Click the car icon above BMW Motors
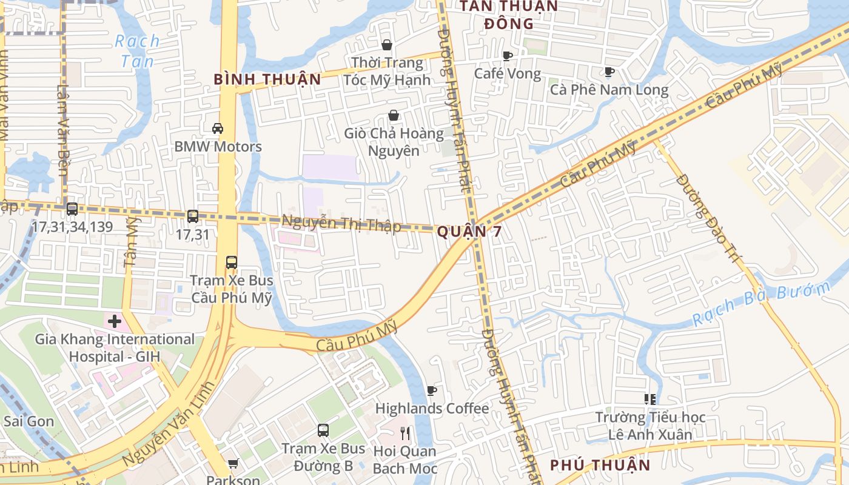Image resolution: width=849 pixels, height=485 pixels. pos(217,129)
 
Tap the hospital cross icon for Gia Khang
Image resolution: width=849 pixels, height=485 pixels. pos(115,321)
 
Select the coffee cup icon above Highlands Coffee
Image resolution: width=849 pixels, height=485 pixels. pos(432,390)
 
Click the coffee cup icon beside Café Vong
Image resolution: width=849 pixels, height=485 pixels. pos(508,56)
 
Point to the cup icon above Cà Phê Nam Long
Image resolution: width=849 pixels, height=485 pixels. pos(609,72)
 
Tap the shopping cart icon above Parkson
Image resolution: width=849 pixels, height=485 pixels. pos(233,464)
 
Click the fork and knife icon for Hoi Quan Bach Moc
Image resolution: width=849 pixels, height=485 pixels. pos(405,433)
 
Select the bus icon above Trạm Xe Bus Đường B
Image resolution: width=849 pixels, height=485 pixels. pos(323,430)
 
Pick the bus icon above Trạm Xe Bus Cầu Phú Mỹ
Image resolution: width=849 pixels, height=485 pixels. pos(231,263)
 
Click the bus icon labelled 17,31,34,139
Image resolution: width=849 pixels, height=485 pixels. pos(72,209)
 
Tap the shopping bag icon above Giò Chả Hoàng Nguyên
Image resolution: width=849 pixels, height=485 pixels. pos(394,115)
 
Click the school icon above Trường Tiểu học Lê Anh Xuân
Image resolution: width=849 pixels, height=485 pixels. pos(650,399)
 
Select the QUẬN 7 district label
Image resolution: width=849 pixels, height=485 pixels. pos(469,231)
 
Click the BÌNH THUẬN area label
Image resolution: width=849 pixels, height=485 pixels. pos(267,79)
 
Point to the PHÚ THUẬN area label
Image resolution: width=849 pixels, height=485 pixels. pos(600,465)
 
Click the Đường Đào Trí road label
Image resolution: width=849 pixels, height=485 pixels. pos(708,218)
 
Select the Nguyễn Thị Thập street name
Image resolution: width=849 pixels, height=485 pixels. pos(341,224)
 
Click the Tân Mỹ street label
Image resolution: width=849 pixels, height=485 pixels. pos(131,242)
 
